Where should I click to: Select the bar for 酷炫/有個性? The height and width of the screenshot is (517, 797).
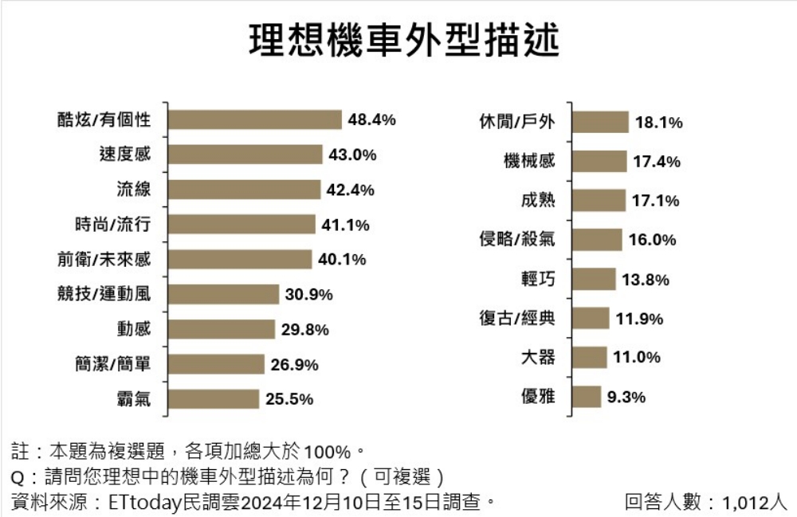pos(255,119)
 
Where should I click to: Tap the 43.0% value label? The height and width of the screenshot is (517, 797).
pos(352,155)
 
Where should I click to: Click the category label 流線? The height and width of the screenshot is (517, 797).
pos(133,190)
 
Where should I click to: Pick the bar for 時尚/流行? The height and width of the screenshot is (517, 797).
pos(241,225)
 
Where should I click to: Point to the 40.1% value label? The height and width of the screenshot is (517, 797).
pos(342,260)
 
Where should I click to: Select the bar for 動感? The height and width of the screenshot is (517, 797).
pos(222,329)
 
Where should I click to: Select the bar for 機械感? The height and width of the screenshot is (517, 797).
pos(600,161)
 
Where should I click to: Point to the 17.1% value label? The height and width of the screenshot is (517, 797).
pos(656,201)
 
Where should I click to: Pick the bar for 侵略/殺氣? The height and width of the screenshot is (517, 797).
pos(598,240)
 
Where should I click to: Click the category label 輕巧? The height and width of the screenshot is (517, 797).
pos(537,279)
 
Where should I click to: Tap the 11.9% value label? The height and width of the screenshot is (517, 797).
pos(639,319)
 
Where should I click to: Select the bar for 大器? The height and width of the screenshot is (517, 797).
pos(591,357)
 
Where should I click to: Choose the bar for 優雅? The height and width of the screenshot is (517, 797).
pos(587,396)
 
